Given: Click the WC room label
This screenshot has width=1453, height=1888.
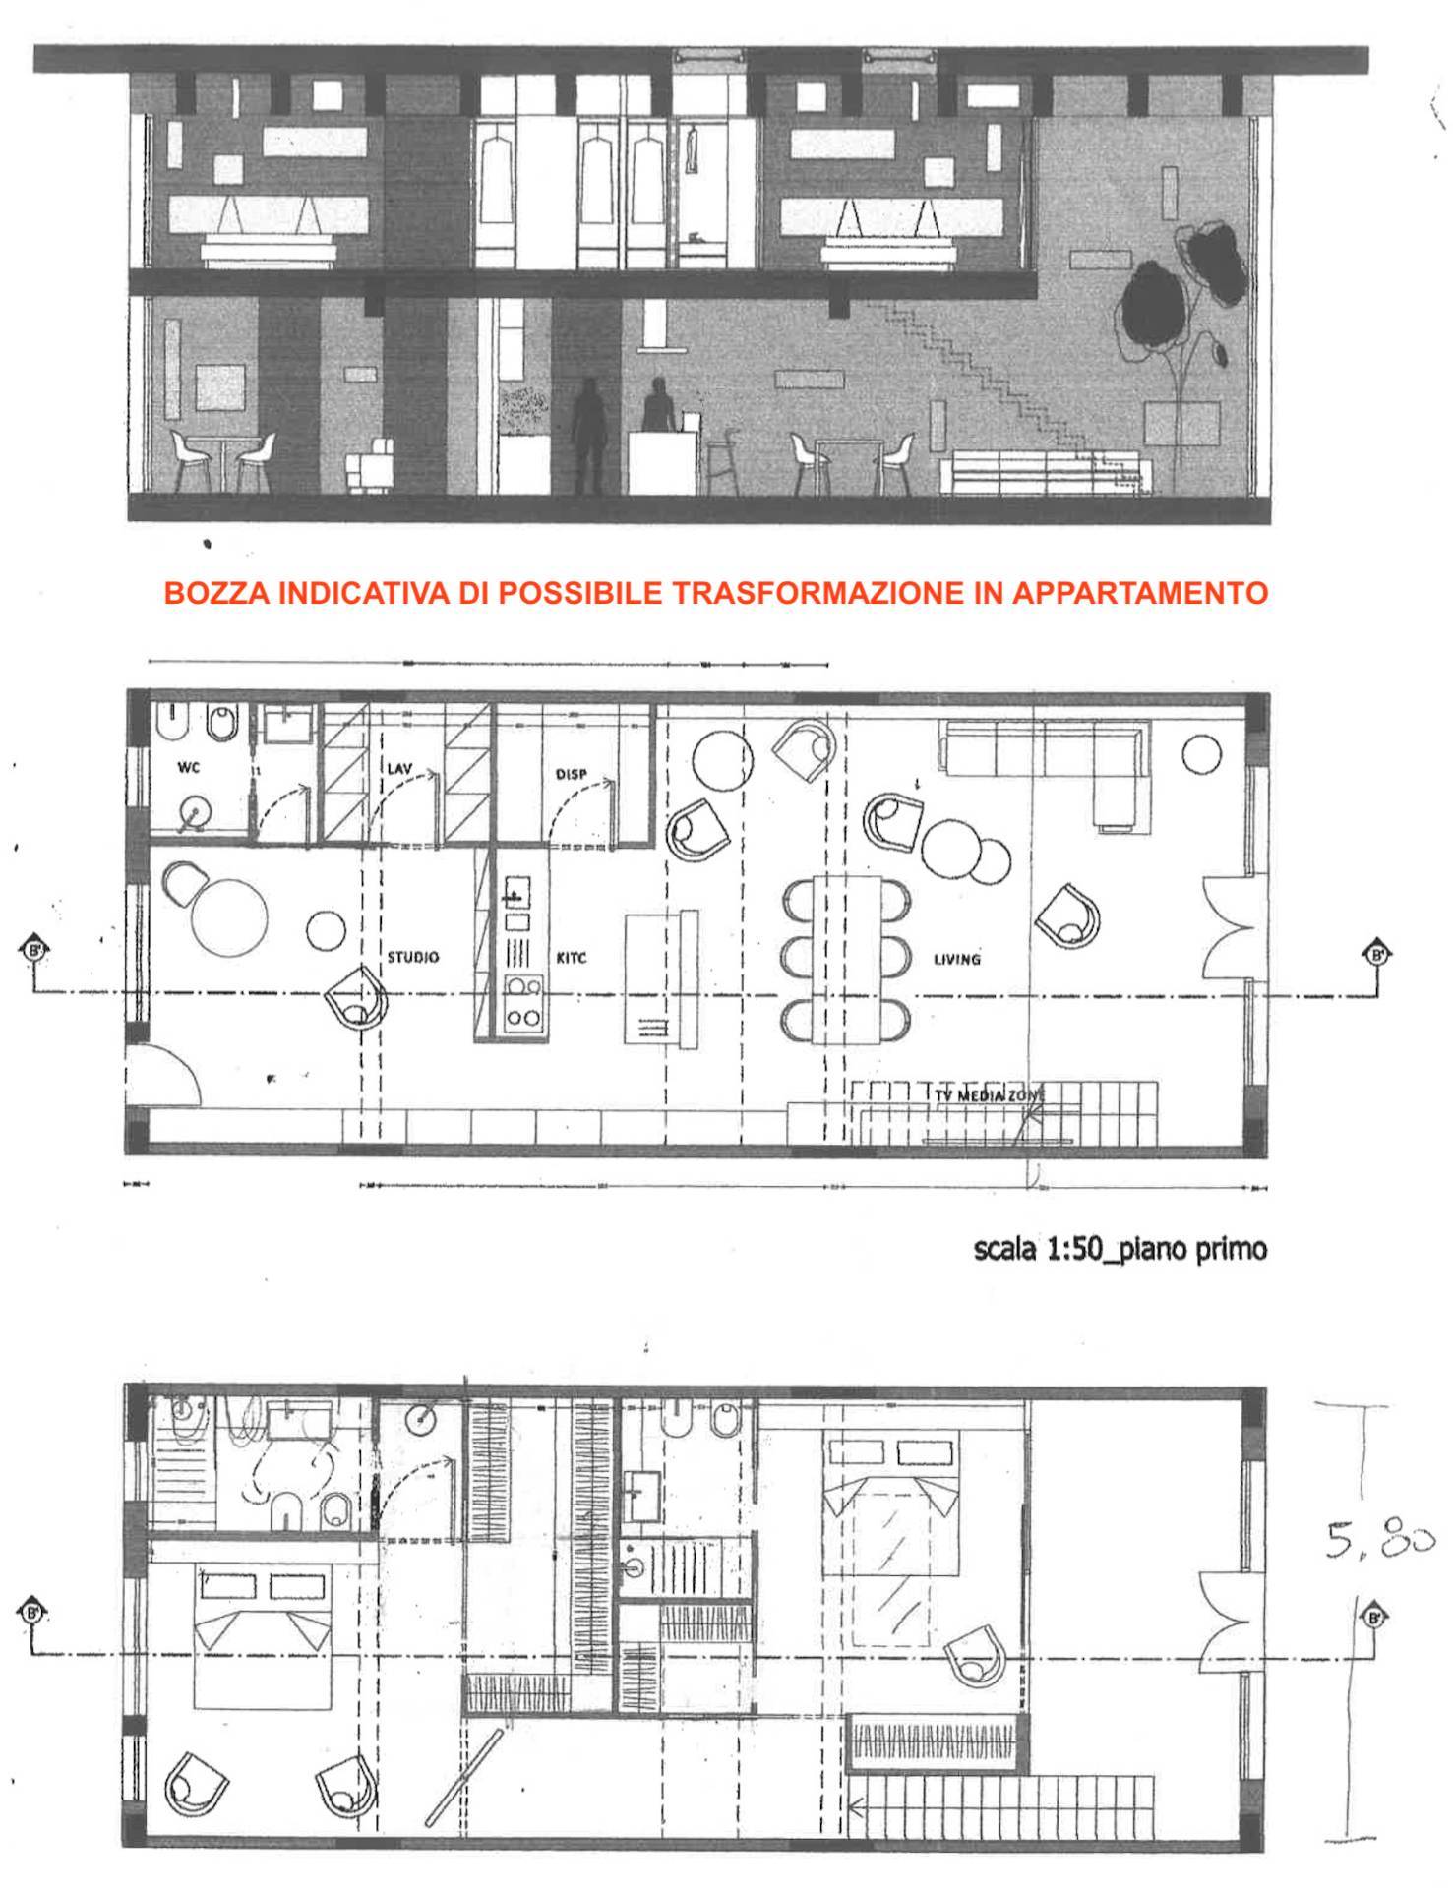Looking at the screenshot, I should (x=188, y=768).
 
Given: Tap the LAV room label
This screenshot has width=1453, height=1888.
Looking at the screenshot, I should (x=398, y=769).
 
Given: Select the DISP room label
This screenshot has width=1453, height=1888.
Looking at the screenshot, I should (x=571, y=774).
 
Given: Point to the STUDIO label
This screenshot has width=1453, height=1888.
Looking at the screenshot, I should (x=412, y=957).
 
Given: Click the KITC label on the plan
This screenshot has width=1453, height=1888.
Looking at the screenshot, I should (x=572, y=958).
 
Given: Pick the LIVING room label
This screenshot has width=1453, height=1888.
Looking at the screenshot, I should (x=956, y=959).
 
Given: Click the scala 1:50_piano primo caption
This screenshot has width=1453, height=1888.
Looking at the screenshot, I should (x=1120, y=1250).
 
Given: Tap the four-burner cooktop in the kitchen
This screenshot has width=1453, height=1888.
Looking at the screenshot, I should (x=521, y=1003).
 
